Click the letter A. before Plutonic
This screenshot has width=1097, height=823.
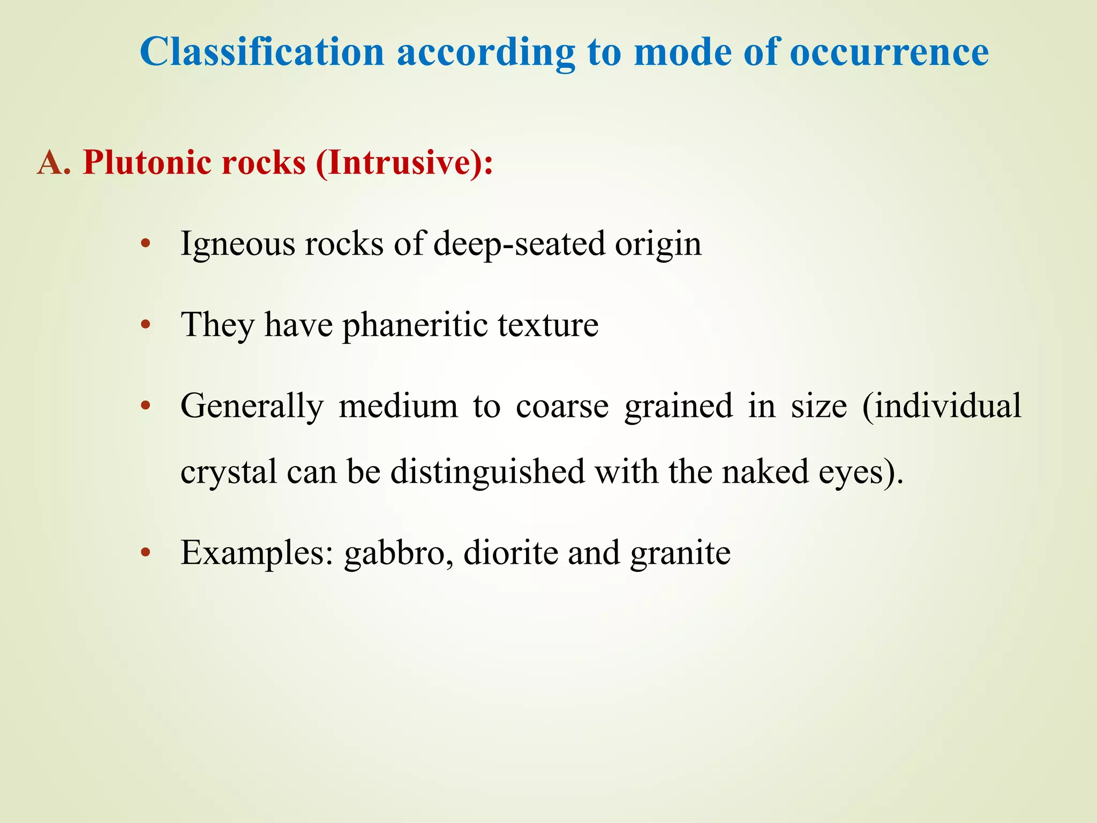coord(54,162)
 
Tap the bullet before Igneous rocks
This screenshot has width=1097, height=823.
coord(145,245)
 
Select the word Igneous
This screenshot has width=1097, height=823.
coord(237,245)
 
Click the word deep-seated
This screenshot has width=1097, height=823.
coord(519,245)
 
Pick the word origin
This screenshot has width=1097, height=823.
coord(658,245)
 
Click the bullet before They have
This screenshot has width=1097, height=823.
coord(145,325)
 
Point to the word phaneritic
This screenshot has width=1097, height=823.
coord(415,325)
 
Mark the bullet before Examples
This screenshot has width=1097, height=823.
coord(145,553)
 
